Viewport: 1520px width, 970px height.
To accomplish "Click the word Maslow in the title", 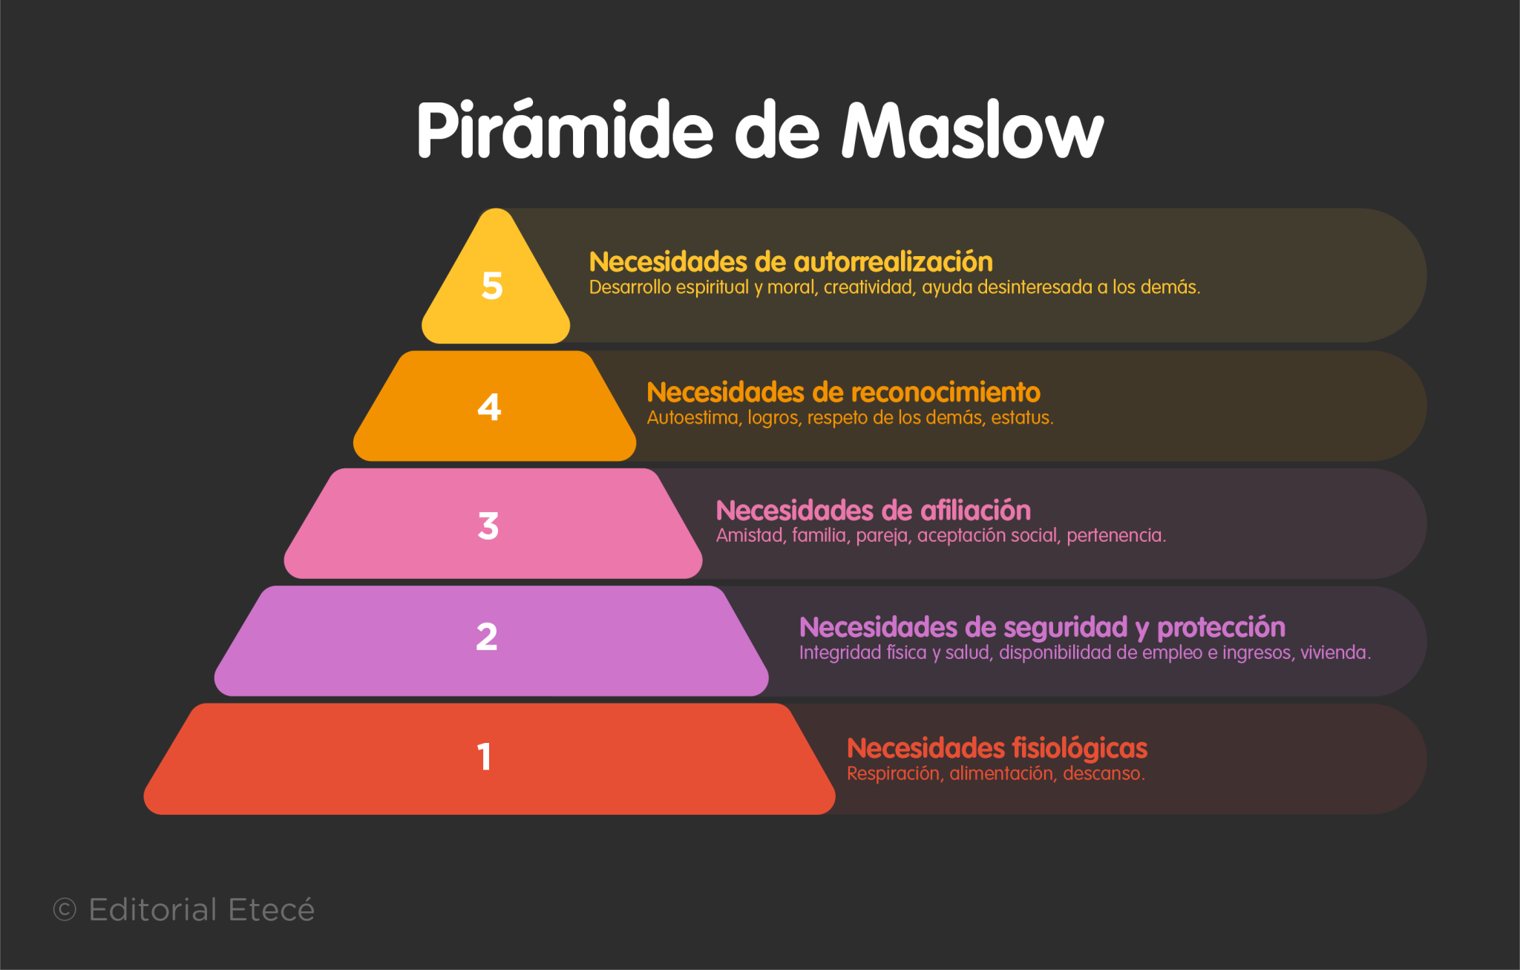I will (972, 131).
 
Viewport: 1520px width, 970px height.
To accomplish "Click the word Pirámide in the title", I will (564, 131).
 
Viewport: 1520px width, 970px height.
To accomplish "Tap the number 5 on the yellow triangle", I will (492, 286).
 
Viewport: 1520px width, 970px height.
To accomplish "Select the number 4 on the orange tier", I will (489, 407).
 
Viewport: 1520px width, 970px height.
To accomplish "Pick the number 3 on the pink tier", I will (488, 525).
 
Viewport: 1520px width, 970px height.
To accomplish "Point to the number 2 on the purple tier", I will (487, 637).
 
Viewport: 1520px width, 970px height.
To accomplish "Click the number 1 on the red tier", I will (484, 757).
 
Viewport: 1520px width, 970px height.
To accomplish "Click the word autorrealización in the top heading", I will (893, 262).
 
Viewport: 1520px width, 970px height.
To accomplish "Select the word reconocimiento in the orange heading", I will (946, 392).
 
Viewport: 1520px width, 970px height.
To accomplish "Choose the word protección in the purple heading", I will (1221, 628).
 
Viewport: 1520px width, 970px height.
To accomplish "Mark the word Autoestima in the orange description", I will (693, 418).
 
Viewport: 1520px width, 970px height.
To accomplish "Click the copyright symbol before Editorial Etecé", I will (65, 910).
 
